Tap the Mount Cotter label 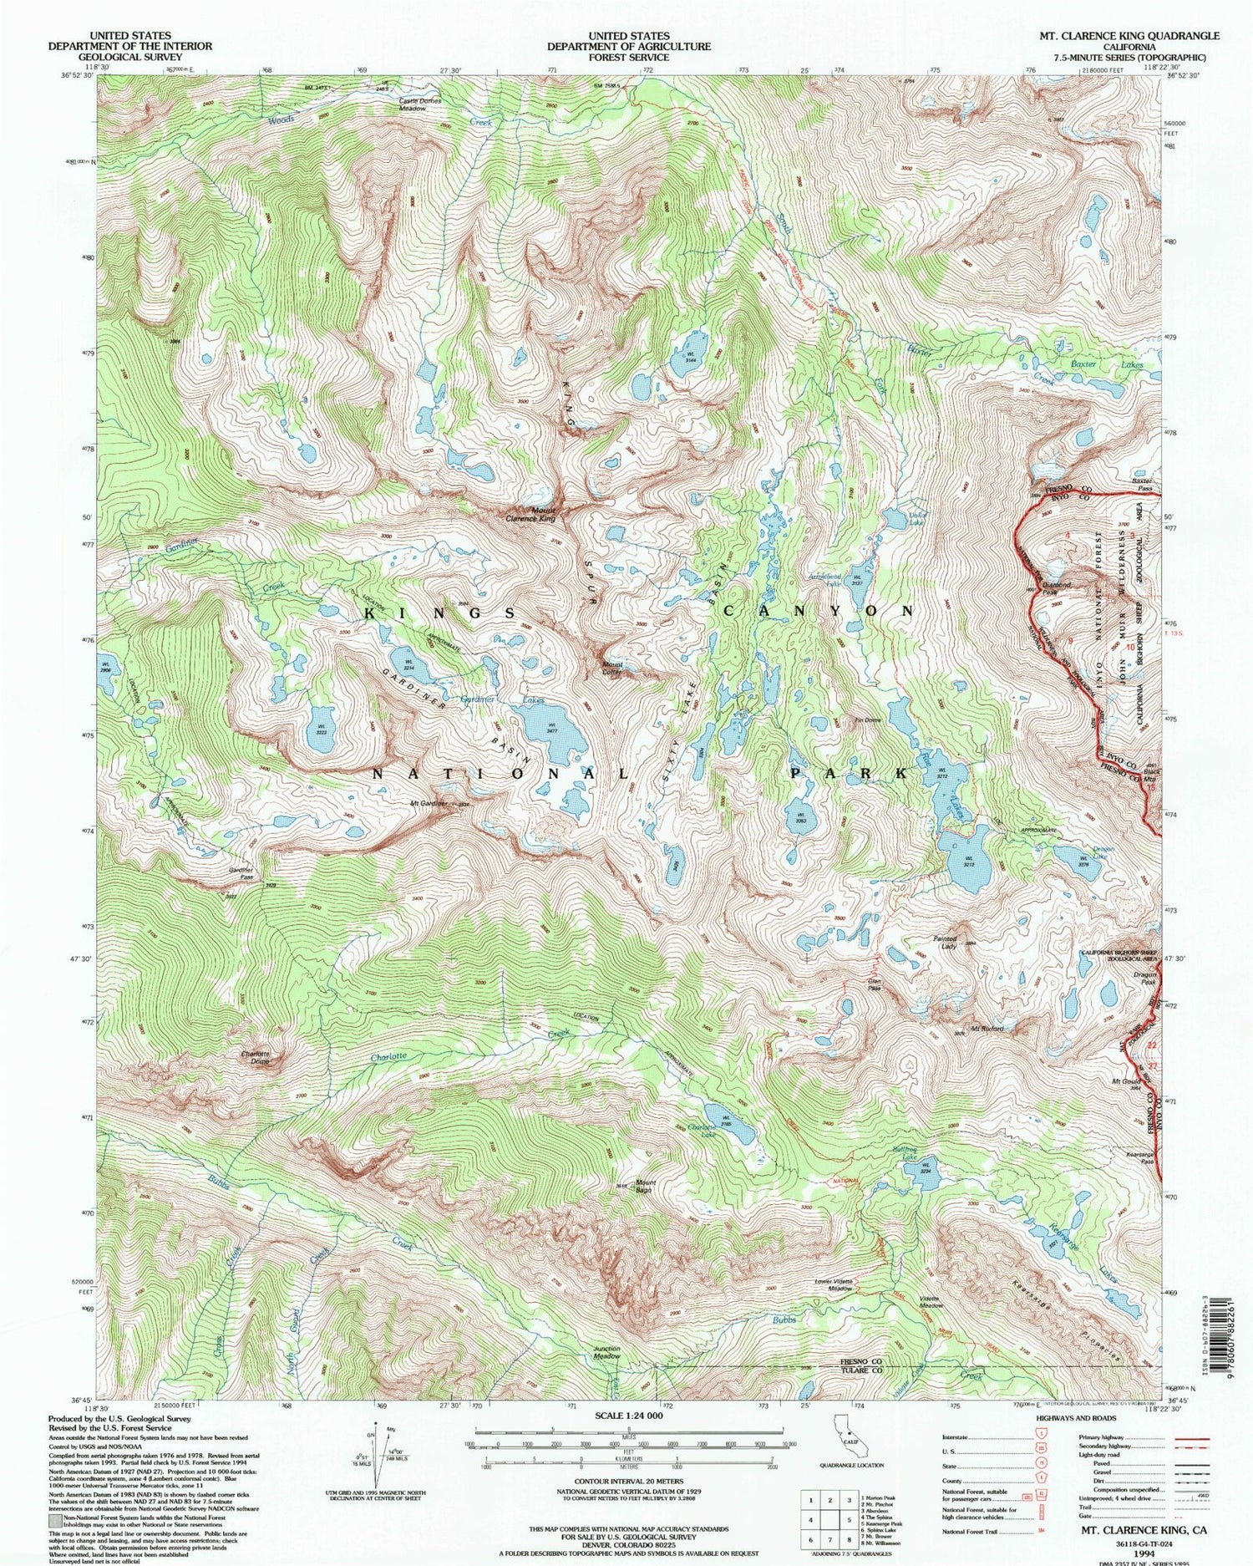point(613,669)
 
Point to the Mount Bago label point(644,1186)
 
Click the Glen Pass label point(875,985)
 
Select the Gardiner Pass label point(241,874)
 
